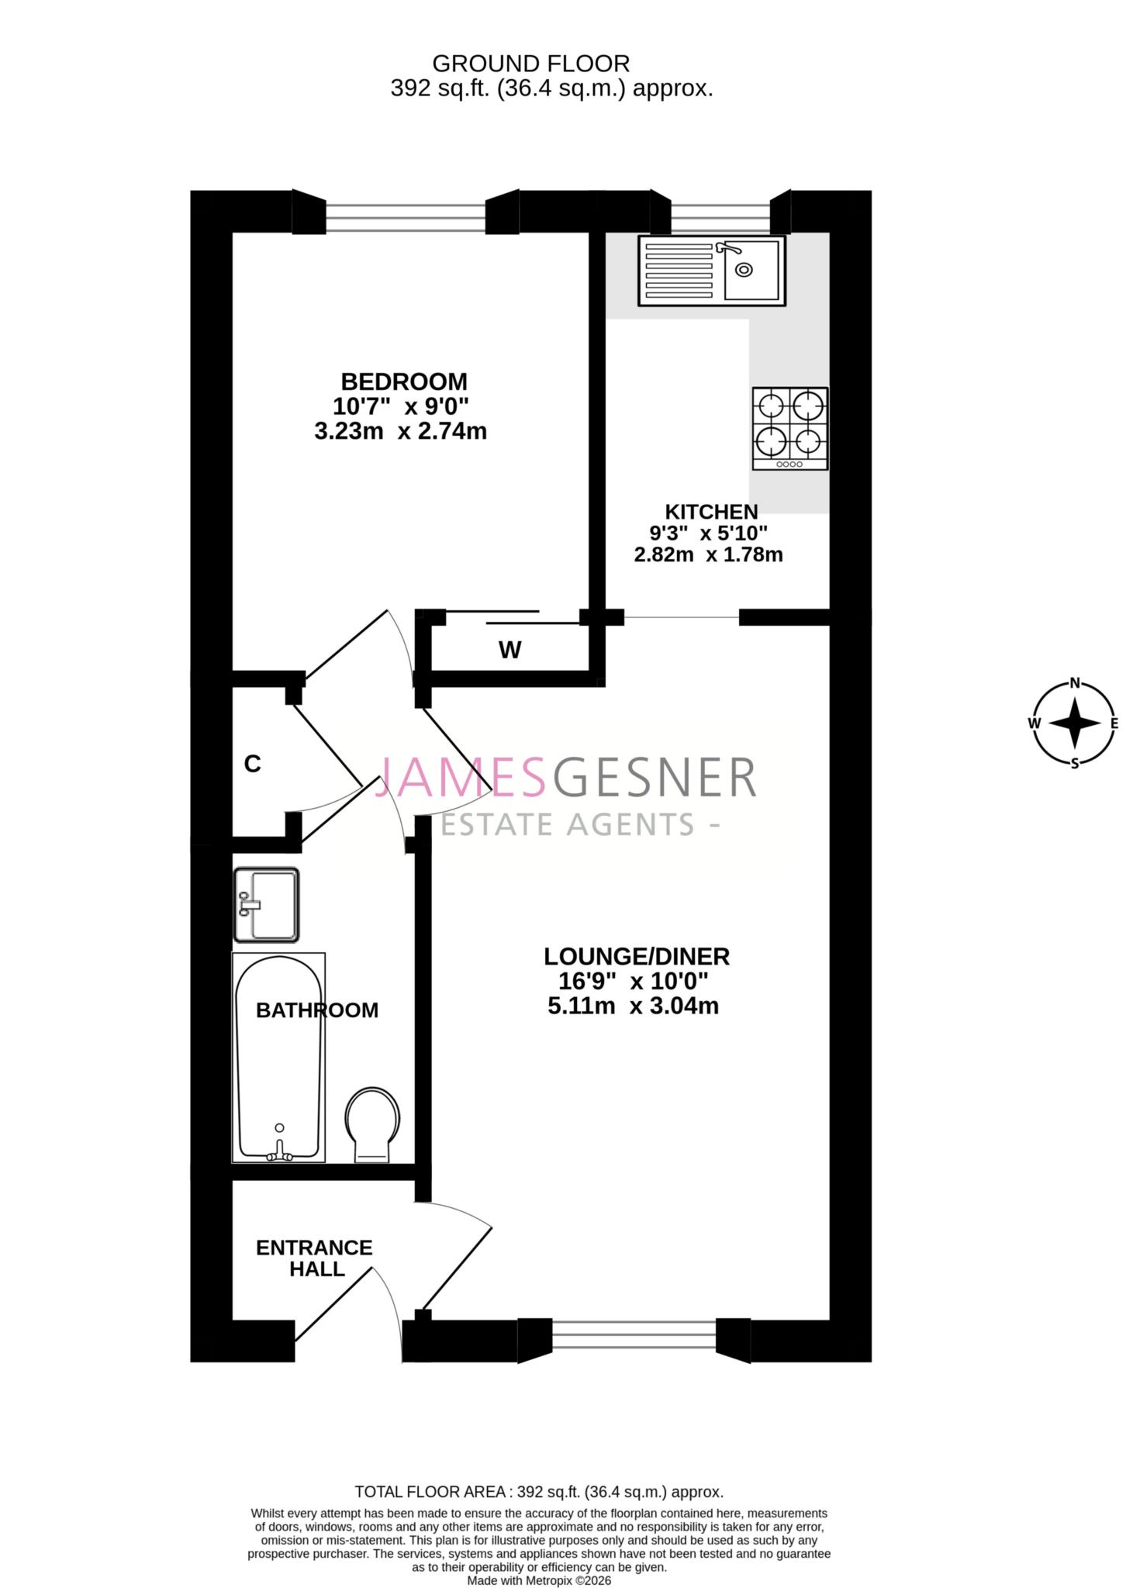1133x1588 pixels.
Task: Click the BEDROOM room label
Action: tap(403, 381)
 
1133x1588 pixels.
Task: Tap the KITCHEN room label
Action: tap(710, 512)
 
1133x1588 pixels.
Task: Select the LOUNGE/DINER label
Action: tap(635, 956)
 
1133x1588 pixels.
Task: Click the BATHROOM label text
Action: tap(316, 1010)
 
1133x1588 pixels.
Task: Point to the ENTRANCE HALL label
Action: tap(313, 1258)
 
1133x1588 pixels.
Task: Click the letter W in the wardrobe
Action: tap(510, 650)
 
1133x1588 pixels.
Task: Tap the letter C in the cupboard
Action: tap(252, 765)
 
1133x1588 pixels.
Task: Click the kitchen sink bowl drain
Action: tap(744, 270)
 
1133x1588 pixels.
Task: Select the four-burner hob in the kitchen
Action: tap(789, 428)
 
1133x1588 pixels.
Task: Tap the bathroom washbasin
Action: tap(266, 904)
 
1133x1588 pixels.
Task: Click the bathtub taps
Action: tap(279, 1155)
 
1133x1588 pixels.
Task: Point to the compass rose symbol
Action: tap(1074, 723)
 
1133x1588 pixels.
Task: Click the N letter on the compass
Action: tap(1075, 683)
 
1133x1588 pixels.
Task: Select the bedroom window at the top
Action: tap(405, 217)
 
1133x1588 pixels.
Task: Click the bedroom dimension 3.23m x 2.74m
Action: tap(400, 431)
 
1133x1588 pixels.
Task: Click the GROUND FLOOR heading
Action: tap(530, 63)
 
